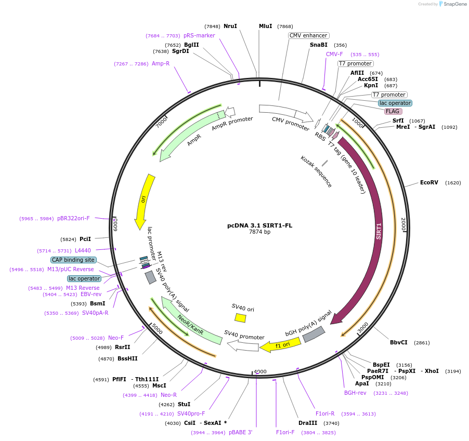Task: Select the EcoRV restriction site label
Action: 429,182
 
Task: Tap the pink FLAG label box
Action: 393,111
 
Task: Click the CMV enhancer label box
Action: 309,35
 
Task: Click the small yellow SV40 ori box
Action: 240,317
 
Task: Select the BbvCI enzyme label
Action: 399,342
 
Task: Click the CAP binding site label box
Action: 73,260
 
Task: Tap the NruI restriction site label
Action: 230,26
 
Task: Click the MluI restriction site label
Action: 265,26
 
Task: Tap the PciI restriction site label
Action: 85,239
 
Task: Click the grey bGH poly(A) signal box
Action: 314,334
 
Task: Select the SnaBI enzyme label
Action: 318,45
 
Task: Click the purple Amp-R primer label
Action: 161,63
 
